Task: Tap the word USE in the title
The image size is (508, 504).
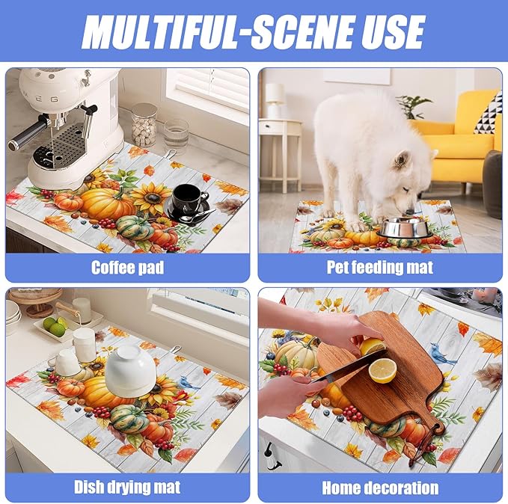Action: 392,31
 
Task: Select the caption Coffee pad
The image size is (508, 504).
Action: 127,268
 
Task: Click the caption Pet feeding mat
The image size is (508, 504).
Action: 380,267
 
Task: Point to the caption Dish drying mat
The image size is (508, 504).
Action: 127,487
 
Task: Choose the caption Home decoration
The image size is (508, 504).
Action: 380,488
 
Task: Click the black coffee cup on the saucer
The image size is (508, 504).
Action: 189,199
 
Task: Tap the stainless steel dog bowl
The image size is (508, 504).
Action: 404,228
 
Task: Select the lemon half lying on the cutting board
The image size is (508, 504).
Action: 382,371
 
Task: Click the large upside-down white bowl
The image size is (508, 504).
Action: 131,370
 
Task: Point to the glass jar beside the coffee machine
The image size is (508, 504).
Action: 144,124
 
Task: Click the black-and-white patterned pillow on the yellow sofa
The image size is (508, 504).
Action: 489,115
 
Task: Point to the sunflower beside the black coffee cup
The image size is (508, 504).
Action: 151,197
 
